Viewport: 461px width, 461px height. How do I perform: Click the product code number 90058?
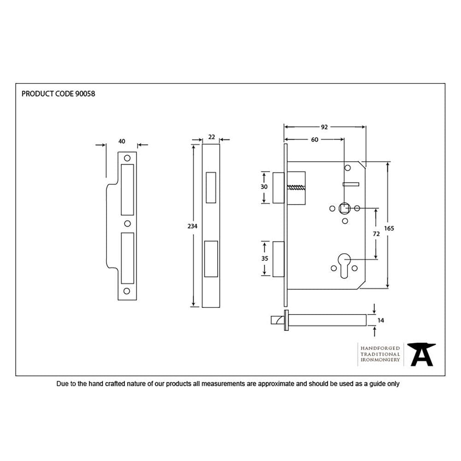tap(85, 94)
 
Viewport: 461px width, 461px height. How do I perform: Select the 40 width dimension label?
tap(122, 142)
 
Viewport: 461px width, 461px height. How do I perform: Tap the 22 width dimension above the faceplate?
tap(212, 137)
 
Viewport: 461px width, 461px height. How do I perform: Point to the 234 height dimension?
tap(193, 226)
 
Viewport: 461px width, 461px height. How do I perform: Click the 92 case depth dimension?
tap(324, 127)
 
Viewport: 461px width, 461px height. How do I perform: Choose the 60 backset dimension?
tap(314, 140)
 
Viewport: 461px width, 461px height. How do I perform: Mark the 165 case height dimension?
tap(389, 228)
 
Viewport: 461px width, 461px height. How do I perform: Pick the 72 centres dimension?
tap(376, 234)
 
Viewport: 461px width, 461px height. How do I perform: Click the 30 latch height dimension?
tap(264, 187)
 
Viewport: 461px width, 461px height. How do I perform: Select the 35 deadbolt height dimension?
tap(265, 259)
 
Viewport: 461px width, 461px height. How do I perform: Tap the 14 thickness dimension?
tap(380, 319)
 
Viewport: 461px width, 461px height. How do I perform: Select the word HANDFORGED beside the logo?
tap(380, 348)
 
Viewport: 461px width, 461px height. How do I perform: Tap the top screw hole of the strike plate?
tap(127, 158)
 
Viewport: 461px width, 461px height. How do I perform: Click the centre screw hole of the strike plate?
tap(127, 224)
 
